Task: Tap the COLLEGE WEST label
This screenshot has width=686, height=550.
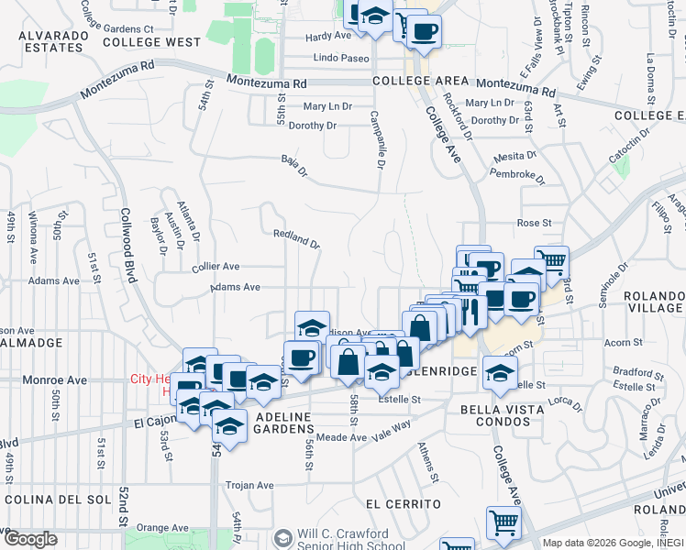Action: [x=151, y=42]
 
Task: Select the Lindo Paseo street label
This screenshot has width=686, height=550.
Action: [x=341, y=58]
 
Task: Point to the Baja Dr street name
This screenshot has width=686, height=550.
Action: [x=292, y=162]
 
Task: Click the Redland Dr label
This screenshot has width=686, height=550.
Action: [x=296, y=239]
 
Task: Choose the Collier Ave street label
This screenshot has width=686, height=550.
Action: [x=216, y=266]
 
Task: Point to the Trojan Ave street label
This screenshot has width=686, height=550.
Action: [x=251, y=485]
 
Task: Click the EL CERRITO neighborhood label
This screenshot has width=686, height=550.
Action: [x=403, y=504]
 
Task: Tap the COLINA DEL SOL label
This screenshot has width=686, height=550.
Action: [x=56, y=500]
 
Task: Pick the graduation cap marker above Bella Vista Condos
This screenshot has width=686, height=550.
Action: [x=500, y=372]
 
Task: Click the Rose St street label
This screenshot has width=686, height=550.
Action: [x=534, y=223]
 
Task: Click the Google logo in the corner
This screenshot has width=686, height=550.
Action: [x=30, y=539]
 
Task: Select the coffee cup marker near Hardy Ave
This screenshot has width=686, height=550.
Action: [x=423, y=32]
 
